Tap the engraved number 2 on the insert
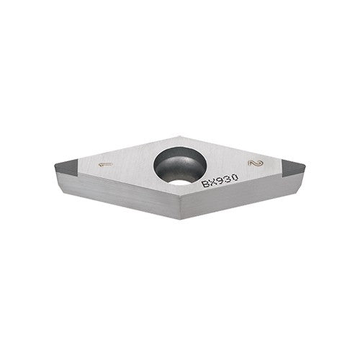[x=251, y=165]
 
